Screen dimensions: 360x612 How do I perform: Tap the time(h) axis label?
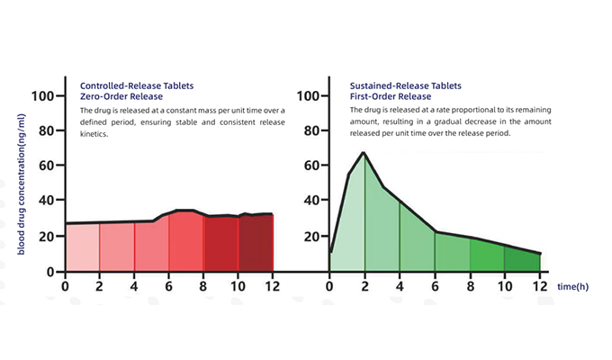572,286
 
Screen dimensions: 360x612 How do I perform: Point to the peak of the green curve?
363,153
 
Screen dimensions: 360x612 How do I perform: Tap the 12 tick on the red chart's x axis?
273,286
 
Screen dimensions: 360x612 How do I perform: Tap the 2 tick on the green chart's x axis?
364,286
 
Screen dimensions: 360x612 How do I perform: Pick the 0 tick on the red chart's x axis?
65,286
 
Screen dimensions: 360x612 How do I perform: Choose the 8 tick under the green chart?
470,286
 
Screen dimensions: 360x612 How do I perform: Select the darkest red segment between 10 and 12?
256,243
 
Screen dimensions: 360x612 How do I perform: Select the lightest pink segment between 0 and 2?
82,247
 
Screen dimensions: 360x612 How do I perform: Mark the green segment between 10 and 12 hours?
522,259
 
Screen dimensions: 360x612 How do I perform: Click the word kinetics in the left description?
94,134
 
